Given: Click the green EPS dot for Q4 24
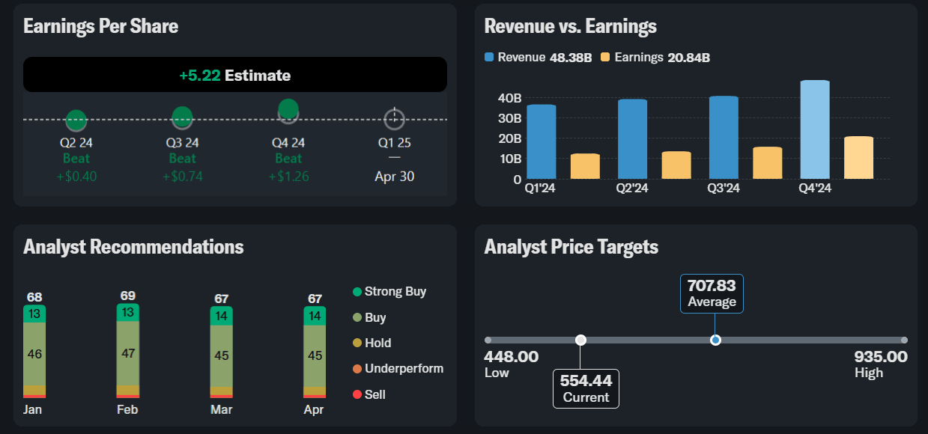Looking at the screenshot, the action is click(288, 109).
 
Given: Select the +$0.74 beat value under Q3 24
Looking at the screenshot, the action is click(183, 177).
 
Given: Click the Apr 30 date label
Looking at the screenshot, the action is click(395, 177).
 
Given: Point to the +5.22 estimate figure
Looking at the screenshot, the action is click(200, 76).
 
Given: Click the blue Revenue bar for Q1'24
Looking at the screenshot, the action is click(542, 141).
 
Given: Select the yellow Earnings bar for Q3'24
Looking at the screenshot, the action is click(767, 162).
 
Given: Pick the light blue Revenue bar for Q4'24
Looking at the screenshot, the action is click(815, 129).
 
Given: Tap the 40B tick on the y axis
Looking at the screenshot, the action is click(509, 98).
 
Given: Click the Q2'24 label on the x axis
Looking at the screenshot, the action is click(632, 189).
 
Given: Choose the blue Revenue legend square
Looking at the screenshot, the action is click(489, 57).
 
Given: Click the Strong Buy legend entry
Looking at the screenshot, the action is click(389, 292).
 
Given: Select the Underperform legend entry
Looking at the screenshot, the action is click(398, 369).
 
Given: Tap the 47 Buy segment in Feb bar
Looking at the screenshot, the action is click(128, 353).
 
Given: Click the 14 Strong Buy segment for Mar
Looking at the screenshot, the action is click(221, 316).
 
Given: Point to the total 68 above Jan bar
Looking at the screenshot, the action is click(34, 297).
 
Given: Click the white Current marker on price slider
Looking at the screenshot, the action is click(580, 340).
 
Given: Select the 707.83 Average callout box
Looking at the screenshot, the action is click(712, 294).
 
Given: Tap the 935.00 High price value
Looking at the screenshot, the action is click(881, 357).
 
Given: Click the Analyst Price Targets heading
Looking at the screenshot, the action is click(571, 247).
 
